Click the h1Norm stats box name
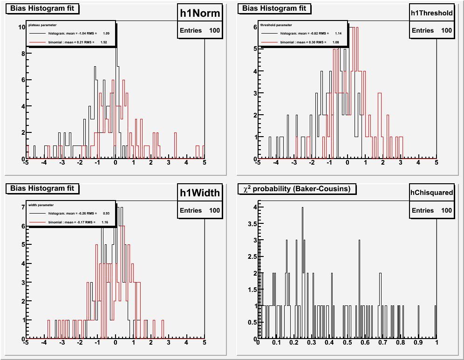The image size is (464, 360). pyautogui.click(x=200, y=14)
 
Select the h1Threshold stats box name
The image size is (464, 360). pyautogui.click(x=431, y=13)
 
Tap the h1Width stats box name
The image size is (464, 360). pyautogui.click(x=200, y=193)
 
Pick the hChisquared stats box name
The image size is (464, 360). pyautogui.click(x=431, y=192)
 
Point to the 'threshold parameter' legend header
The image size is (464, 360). pyautogui.click(x=276, y=25)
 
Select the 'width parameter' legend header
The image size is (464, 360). pyautogui.click(x=41, y=205)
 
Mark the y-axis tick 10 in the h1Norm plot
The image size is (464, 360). pyautogui.click(x=21, y=27)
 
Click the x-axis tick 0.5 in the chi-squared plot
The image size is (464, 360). pyautogui.click(x=347, y=343)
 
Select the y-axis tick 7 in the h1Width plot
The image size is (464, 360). pyautogui.click(x=23, y=207)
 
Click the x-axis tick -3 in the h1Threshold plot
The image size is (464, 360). pyautogui.click(x=293, y=163)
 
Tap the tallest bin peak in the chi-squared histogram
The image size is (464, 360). pyautogui.click(x=302, y=208)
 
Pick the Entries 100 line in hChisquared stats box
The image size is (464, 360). pyautogui.click(x=431, y=210)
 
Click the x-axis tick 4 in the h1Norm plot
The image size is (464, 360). pyautogui.click(x=186, y=163)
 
